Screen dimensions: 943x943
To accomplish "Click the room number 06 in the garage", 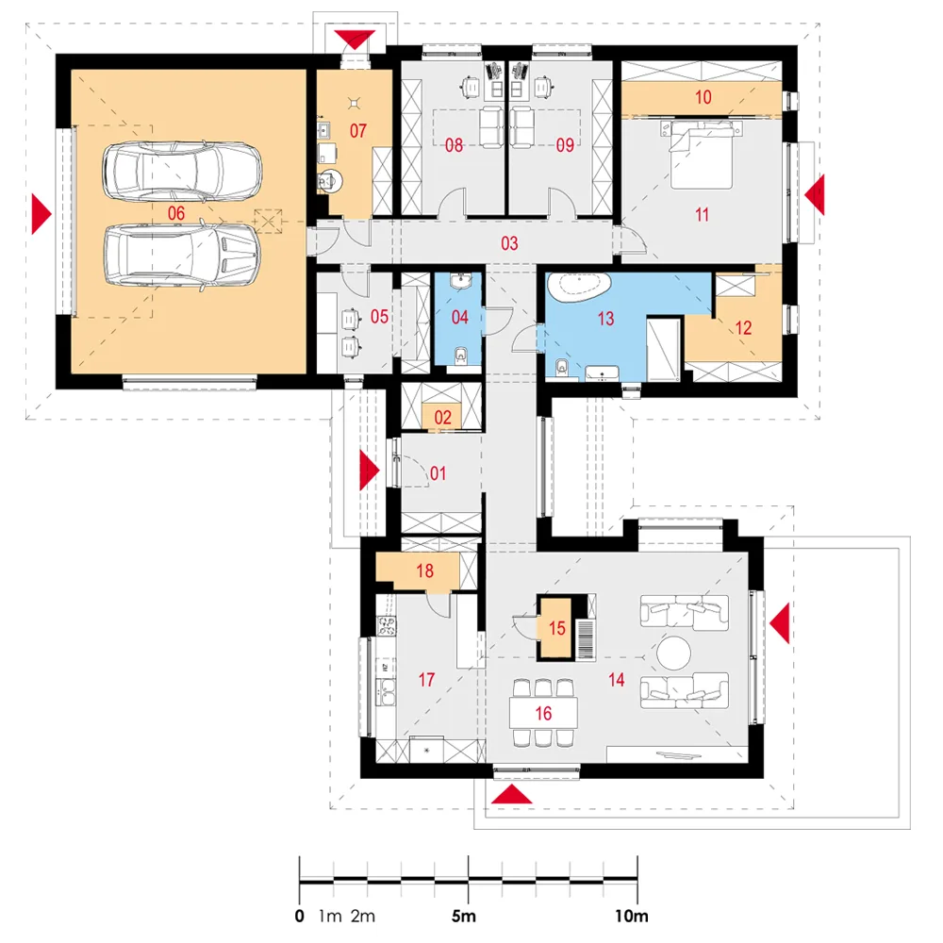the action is (176, 213).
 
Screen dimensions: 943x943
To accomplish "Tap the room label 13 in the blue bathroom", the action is (605, 318).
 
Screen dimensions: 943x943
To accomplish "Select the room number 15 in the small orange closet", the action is (557, 628).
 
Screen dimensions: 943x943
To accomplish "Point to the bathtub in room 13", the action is (580, 288).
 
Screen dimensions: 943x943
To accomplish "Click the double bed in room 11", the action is (702, 156).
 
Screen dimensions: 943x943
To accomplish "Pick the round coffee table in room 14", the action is (673, 653).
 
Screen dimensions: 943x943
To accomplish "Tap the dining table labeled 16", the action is (543, 713).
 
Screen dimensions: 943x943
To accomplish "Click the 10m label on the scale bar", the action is (632, 916).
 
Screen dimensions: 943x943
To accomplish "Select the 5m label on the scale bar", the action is (464, 916).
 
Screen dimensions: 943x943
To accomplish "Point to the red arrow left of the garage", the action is (41, 213).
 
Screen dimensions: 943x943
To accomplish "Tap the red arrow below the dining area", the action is (512, 794).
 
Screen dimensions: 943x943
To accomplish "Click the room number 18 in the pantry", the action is (424, 571).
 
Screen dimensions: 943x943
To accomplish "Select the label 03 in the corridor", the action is (509, 243).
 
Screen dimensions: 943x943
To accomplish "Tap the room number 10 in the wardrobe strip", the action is (703, 97).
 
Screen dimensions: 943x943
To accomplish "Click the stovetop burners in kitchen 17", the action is (386, 626).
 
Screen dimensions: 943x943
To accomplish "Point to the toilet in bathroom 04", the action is (461, 356).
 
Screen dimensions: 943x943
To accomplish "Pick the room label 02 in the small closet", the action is (442, 418).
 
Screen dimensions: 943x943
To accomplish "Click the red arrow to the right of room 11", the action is (815, 194).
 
